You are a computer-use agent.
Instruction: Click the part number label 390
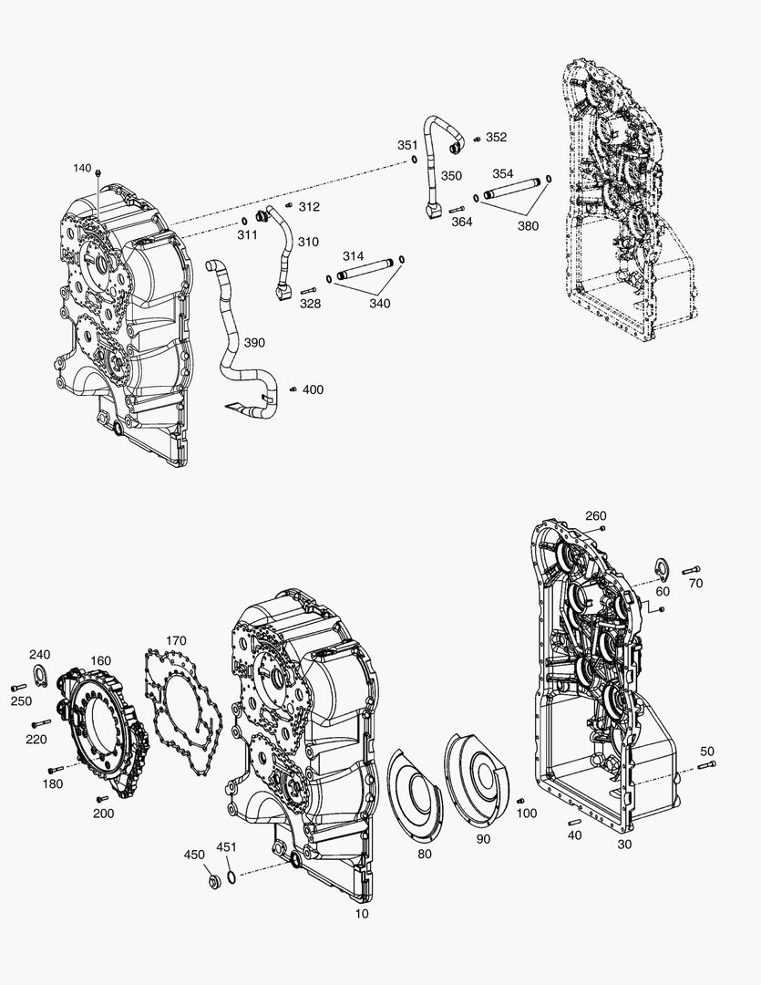point(254,342)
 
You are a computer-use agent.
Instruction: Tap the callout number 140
point(82,168)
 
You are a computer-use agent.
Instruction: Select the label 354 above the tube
point(503,173)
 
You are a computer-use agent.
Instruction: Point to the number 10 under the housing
point(362,913)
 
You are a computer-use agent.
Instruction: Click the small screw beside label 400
point(293,389)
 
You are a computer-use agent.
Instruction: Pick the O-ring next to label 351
point(415,159)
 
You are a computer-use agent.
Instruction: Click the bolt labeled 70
point(691,569)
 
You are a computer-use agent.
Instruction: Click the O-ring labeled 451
point(231,876)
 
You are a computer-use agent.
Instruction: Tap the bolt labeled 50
point(706,766)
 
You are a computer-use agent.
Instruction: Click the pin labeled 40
point(574,823)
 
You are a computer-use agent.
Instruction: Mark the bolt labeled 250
point(19,688)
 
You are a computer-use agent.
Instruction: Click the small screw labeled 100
point(520,801)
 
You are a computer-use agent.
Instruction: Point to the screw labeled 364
point(457,210)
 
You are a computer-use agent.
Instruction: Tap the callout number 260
point(596,515)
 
